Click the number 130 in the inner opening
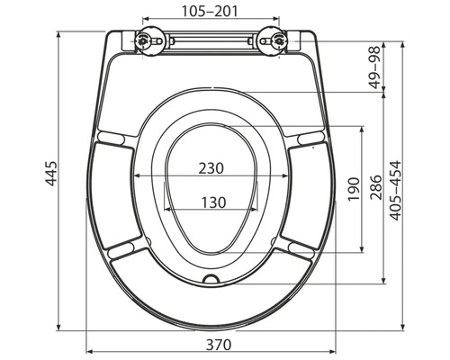213,202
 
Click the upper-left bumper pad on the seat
113,137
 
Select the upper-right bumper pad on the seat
309,137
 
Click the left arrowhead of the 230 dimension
136,176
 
